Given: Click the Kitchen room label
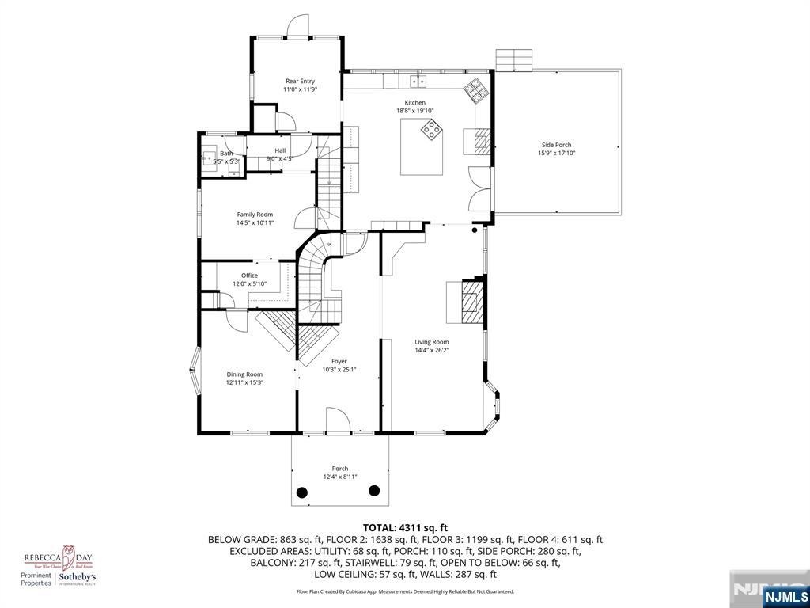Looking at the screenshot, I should click(x=415, y=103).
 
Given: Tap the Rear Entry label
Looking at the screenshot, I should click(x=300, y=81).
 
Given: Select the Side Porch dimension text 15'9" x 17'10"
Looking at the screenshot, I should click(x=556, y=153).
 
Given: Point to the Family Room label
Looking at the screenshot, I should click(x=255, y=215).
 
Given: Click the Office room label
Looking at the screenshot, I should click(x=249, y=275).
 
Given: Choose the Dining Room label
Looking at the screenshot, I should click(x=244, y=374).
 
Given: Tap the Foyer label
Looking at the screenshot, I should click(x=339, y=361).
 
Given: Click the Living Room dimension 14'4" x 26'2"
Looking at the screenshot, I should click(x=432, y=350).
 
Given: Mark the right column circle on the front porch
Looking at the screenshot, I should click(x=374, y=491).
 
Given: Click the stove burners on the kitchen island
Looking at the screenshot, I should click(x=432, y=129).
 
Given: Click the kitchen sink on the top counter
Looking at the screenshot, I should click(x=416, y=81).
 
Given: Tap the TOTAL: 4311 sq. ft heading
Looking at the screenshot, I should click(x=405, y=527).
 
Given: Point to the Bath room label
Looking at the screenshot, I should click(x=226, y=154).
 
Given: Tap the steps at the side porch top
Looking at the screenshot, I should click(x=515, y=60).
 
